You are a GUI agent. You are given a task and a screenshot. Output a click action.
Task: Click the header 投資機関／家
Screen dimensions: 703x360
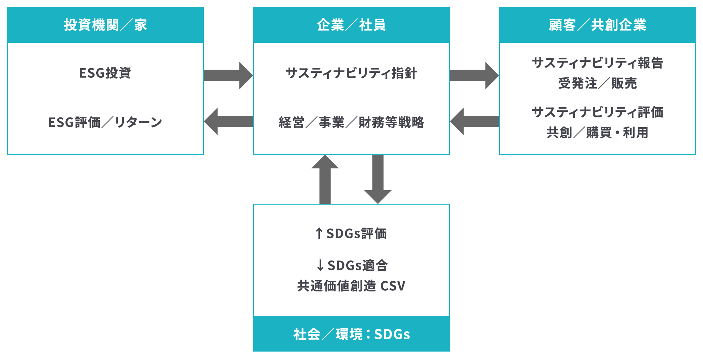pyautogui.click(x=105, y=25)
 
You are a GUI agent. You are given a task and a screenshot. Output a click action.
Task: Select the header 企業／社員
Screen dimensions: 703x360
pyautogui.click(x=351, y=25)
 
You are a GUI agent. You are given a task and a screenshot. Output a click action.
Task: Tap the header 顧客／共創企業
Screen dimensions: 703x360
pyautogui.click(x=598, y=25)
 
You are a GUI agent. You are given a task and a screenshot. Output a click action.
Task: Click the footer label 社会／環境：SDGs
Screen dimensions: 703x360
pyautogui.click(x=351, y=334)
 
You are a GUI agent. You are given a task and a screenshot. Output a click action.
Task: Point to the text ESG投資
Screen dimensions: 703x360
pyautogui.click(x=105, y=73)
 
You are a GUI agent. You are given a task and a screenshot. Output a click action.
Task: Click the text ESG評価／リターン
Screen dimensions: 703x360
pyautogui.click(x=105, y=122)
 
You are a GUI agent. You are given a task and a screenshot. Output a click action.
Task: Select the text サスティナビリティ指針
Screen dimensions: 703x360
pyautogui.click(x=351, y=73)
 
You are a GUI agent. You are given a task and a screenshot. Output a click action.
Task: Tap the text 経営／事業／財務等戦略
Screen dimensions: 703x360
pyautogui.click(x=351, y=122)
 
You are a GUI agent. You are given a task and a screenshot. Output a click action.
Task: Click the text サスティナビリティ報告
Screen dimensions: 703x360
pyautogui.click(x=598, y=63)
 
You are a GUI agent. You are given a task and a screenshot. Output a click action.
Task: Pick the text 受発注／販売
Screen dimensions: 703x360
pyautogui.click(x=598, y=83)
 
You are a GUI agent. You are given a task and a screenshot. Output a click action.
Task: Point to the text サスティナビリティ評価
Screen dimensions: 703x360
pyautogui.click(x=598, y=112)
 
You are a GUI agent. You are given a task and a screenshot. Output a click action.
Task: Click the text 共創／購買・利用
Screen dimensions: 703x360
pyautogui.click(x=598, y=133)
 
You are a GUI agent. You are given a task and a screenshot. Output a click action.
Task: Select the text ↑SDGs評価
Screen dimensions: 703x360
pyautogui.click(x=351, y=233)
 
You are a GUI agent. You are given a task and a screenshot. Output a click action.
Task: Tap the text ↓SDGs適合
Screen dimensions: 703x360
pyautogui.click(x=352, y=265)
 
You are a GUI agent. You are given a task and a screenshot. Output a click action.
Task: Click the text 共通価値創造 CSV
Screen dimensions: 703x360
pyautogui.click(x=351, y=286)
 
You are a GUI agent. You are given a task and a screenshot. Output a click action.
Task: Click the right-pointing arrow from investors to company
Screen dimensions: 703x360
pyautogui.click(x=228, y=76)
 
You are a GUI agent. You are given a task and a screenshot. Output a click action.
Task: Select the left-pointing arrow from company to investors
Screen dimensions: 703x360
pyautogui.click(x=228, y=121)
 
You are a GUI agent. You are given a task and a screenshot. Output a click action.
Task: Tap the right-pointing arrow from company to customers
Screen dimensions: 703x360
pyautogui.click(x=475, y=76)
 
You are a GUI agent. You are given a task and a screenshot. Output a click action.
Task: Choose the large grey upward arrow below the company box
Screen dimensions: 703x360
pyautogui.click(x=325, y=179)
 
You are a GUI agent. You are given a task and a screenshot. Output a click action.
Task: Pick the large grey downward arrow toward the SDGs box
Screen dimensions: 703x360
pyautogui.click(x=378, y=179)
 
